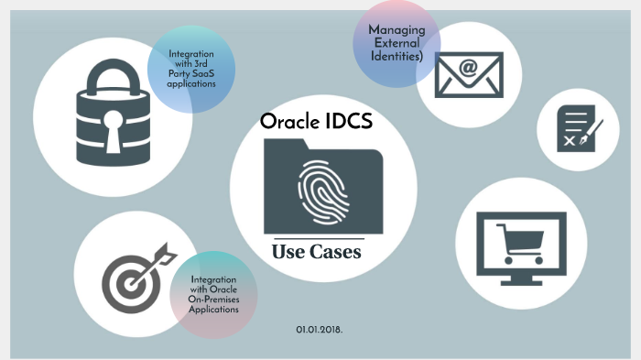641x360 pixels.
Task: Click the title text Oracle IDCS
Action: (x=316, y=122)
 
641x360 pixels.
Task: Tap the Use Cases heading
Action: (x=317, y=252)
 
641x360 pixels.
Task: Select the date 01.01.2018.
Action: (x=319, y=328)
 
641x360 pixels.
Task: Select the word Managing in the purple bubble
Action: (x=397, y=30)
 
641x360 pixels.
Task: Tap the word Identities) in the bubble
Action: (x=397, y=56)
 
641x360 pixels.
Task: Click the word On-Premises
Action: (x=213, y=300)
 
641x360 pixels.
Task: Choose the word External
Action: (x=397, y=43)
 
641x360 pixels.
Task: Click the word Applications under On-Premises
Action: (x=213, y=310)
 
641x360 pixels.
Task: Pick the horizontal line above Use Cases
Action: (x=317, y=238)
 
